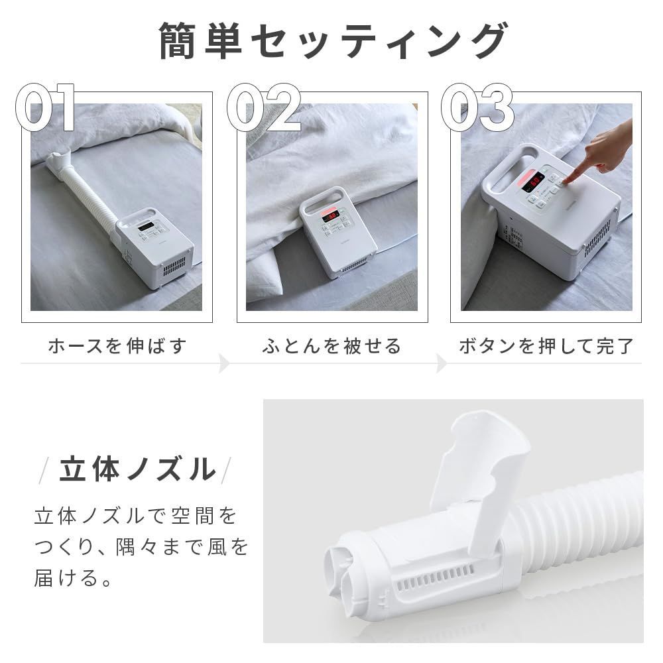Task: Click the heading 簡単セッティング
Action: tap(331, 41)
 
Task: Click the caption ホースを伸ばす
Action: tap(117, 346)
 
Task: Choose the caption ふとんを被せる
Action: tap(331, 346)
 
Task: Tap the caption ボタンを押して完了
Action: tap(546, 346)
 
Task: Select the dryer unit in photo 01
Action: tap(154, 249)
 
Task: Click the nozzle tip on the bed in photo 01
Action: tap(58, 160)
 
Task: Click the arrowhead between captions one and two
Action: tap(224, 363)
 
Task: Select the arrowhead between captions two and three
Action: tap(441, 363)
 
